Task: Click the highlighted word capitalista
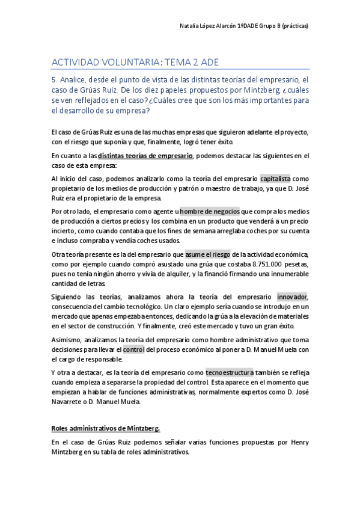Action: (x=275, y=179)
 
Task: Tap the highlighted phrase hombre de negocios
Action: (x=210, y=211)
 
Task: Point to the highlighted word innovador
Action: (x=292, y=297)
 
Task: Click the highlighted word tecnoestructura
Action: (x=229, y=372)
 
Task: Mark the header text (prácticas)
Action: (x=295, y=26)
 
